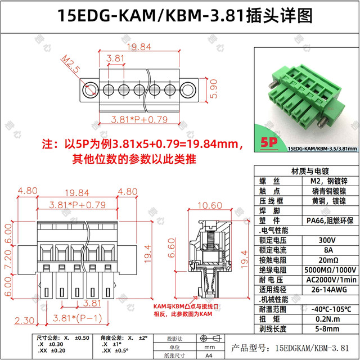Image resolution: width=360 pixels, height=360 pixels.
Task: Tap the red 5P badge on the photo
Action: pos(271,142)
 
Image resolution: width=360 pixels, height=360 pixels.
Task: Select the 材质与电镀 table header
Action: pos(306,171)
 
